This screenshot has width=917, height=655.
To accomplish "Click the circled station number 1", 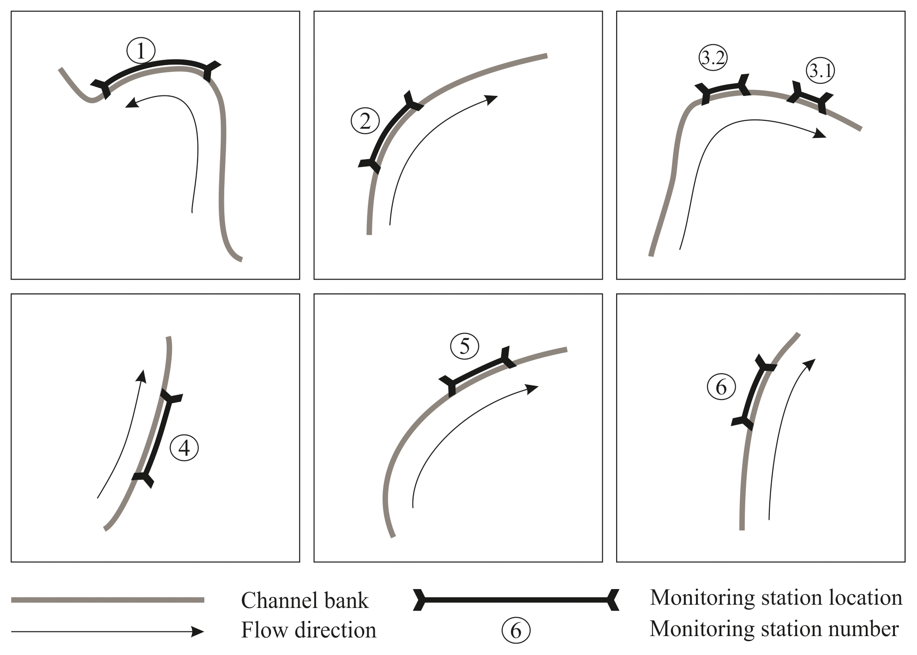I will (141, 51).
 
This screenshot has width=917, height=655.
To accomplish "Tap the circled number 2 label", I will (365, 121).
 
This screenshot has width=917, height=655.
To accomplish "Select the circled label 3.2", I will (713, 58).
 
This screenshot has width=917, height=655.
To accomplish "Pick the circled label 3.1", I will (821, 71).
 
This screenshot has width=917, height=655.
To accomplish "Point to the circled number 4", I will (184, 447).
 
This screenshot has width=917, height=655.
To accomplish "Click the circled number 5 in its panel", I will (465, 346).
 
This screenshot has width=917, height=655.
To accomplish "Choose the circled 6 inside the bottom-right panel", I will (721, 387).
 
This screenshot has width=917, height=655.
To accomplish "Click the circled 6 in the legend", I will (516, 631).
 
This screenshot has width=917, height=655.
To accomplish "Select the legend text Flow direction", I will (308, 630).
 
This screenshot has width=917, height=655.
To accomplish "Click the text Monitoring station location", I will (775, 598).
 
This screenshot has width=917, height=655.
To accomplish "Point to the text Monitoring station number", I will (774, 629).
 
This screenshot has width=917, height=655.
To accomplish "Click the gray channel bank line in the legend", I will (108, 600).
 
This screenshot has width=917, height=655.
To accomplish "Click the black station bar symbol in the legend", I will (515, 600).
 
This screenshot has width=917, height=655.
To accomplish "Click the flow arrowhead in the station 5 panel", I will (533, 388).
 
